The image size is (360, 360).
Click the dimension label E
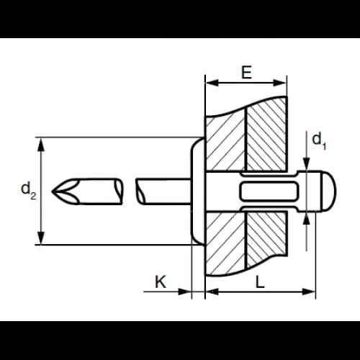(246, 72)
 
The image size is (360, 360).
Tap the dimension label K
(161, 282)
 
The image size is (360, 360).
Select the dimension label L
(260, 282)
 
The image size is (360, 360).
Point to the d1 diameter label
(319, 140)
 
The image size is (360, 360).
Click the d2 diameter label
(29, 190)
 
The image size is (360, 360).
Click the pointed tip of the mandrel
(52, 192)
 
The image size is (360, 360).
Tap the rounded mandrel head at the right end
(328, 192)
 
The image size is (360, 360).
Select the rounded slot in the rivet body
(269, 191)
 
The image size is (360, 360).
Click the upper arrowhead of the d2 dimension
(41, 145)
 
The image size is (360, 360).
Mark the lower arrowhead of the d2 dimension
(41, 238)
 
